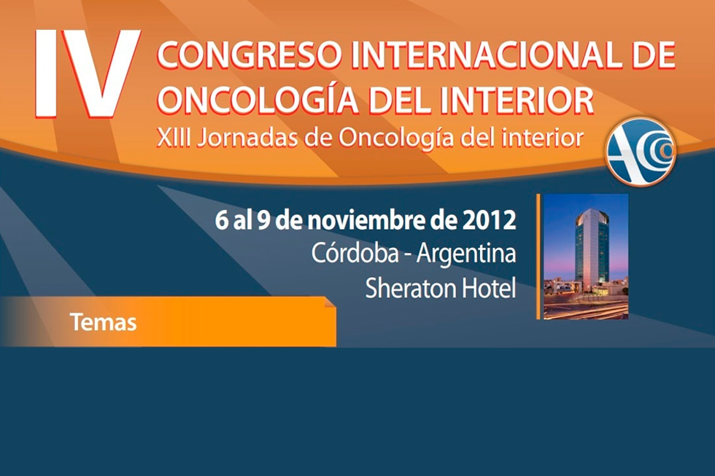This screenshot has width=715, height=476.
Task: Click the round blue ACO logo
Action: click(x=641, y=151)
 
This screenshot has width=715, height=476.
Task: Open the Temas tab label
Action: click(x=104, y=321)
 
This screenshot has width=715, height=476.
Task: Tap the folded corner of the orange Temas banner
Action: click(x=329, y=302)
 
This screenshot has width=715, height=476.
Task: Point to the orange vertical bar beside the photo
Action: click(x=538, y=256)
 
